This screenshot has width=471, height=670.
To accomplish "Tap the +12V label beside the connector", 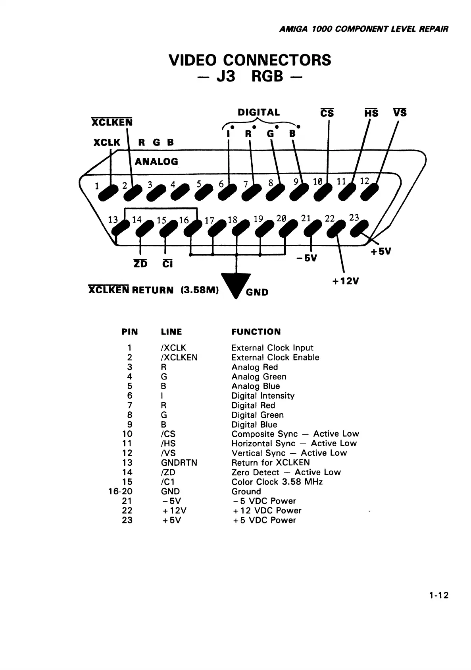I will click(345, 281).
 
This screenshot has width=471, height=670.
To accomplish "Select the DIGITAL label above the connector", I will click(259, 112).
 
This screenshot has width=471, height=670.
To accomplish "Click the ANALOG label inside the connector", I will click(156, 161).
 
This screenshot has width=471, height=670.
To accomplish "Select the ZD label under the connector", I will click(140, 264).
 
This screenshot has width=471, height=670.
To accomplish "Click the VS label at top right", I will click(400, 113).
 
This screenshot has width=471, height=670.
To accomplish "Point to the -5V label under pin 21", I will click(306, 258).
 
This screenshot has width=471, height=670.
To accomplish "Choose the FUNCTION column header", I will click(256, 332).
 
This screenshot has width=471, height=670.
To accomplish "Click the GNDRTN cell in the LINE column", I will click(179, 463).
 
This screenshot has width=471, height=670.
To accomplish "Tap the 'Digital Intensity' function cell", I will click(263, 396).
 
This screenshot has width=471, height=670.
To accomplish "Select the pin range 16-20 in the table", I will click(120, 492).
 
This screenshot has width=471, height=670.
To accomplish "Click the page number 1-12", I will click(438, 595).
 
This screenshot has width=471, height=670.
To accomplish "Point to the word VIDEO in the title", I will click(193, 60).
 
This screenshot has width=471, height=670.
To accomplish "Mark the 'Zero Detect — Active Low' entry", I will click(286, 472).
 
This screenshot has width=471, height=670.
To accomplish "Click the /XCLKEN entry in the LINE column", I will click(179, 358).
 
